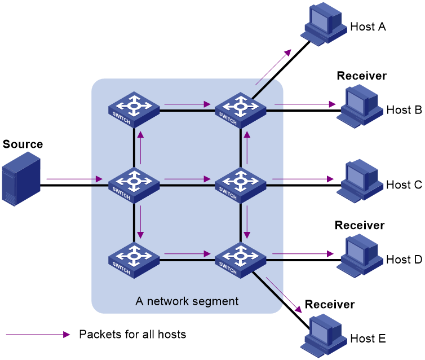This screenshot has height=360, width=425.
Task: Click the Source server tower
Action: click(21, 179)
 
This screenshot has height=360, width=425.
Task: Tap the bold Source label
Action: click(23, 144)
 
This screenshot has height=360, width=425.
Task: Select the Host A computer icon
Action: click(324, 24)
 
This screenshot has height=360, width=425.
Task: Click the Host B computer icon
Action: click(360, 106)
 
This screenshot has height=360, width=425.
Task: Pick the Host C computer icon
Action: click(360, 181)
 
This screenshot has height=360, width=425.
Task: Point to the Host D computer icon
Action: click(360, 256)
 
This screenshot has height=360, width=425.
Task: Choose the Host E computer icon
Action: click(324, 336)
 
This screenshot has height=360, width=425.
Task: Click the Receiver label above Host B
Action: click(361, 76)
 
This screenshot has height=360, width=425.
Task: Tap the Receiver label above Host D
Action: click(360, 225)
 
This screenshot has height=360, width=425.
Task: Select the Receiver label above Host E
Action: click(330, 304)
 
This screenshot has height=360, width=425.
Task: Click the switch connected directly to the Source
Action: click(134, 185)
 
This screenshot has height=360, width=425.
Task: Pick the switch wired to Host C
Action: click(241, 185)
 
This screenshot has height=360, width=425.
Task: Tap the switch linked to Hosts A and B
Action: click(241, 110)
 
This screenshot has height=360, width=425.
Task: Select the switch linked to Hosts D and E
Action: click(241, 261)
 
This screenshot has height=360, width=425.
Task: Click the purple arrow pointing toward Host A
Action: click(273, 67)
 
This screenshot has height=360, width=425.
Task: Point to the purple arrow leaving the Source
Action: click(74, 179)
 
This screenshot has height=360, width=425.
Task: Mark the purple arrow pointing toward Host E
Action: click(284, 295)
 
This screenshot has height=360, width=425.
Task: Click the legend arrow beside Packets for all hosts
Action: click(38, 335)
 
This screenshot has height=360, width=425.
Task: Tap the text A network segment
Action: click(187, 301)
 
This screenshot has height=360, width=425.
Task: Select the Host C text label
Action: click(404, 185)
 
